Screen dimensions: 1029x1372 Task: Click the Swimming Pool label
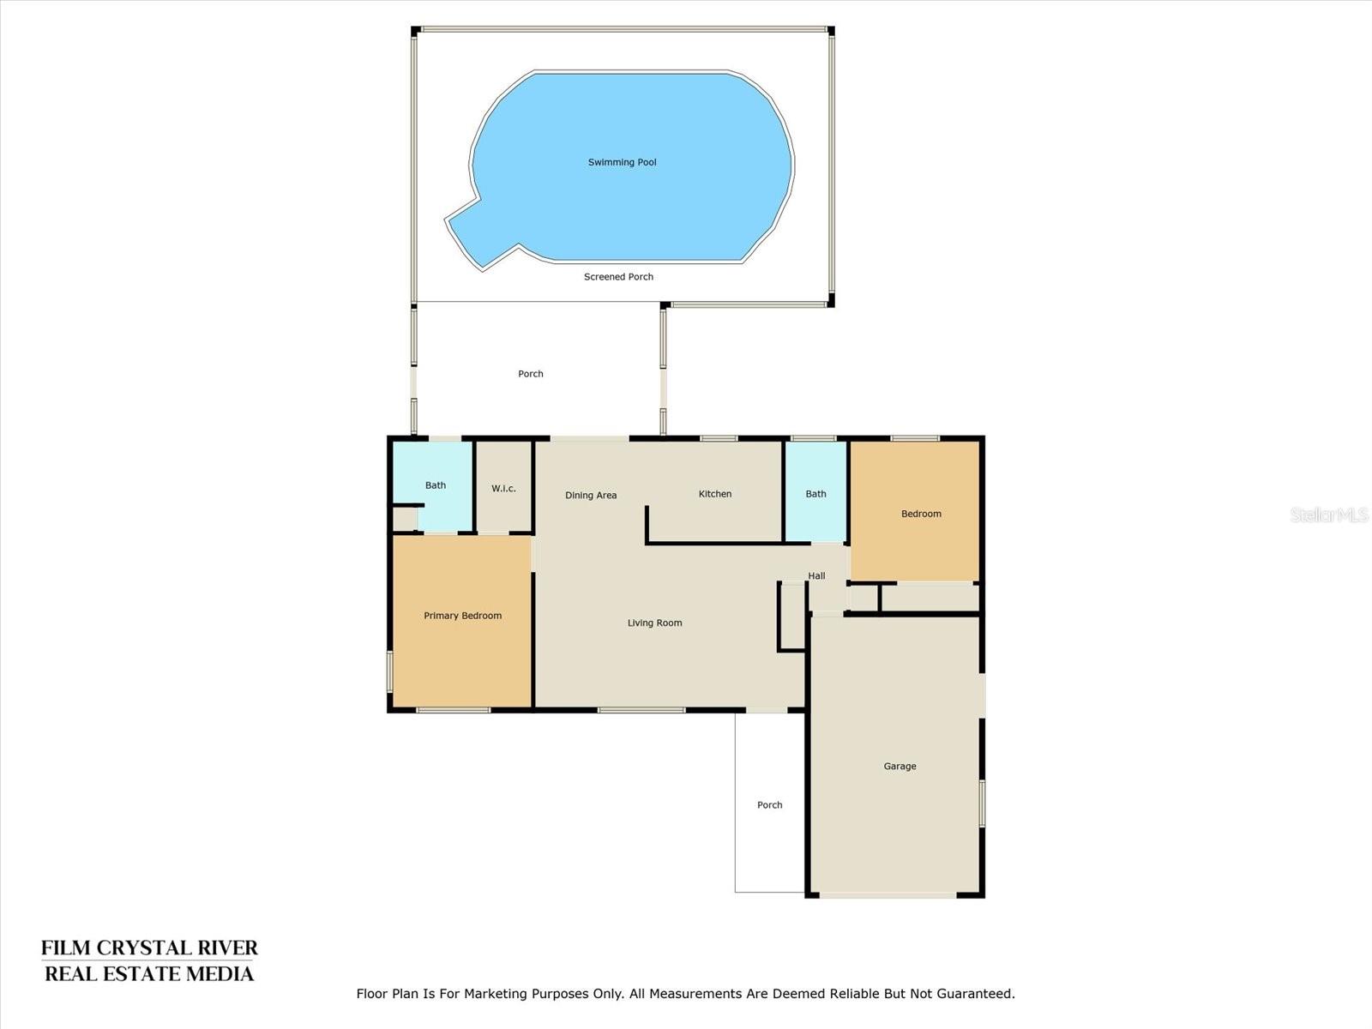(622, 162)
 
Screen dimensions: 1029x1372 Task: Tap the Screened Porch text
(618, 277)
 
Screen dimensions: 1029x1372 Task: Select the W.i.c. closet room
(503, 488)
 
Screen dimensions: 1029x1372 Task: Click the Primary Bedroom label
(462, 616)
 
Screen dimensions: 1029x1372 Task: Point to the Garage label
(900, 767)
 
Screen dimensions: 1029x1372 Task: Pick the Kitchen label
(714, 494)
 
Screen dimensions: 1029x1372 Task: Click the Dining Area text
(591, 496)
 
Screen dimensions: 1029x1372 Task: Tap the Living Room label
(654, 623)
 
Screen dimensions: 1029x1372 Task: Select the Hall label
(816, 576)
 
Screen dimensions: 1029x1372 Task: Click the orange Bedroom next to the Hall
(921, 514)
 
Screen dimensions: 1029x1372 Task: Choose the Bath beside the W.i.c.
(436, 485)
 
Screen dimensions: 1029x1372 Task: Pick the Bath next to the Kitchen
(815, 494)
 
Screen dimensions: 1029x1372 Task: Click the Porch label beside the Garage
(769, 805)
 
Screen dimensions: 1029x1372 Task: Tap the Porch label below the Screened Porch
(530, 374)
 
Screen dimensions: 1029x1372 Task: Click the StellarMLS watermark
(1329, 514)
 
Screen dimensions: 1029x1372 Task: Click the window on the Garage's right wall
(983, 803)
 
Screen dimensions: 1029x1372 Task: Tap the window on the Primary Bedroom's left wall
(389, 671)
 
